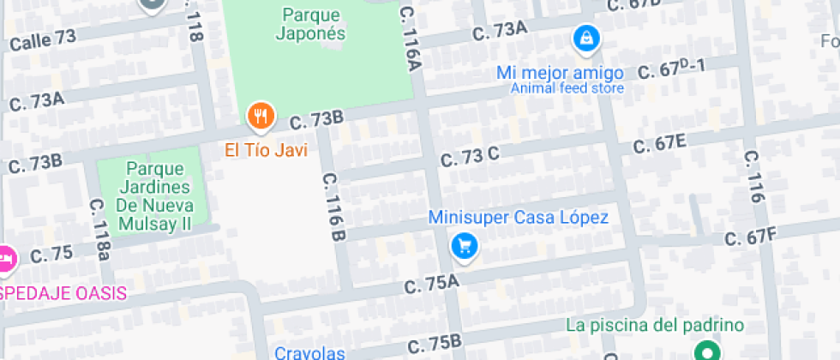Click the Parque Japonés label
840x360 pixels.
click(310, 25)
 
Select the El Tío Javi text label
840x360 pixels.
click(266, 150)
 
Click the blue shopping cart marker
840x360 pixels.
click(465, 247)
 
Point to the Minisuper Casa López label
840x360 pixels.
click(519, 218)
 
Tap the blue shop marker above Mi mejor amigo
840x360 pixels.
click(586, 38)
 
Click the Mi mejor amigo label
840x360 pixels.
click(561, 72)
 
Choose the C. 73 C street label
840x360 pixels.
click(469, 158)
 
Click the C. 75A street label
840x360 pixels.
click(431, 285)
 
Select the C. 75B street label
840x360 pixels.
click(435, 343)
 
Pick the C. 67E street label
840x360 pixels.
click(659, 143)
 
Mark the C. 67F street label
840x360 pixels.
click(750, 236)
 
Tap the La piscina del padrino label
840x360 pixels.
click(655, 325)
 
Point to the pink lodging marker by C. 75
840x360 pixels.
click(5, 256)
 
